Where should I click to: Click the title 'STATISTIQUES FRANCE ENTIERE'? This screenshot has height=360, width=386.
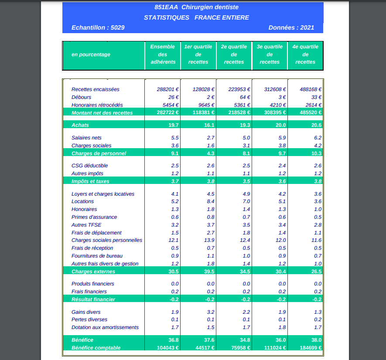[x=196, y=17]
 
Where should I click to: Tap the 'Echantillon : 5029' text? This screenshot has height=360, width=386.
[x=98, y=27]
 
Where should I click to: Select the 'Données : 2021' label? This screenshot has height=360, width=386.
[x=291, y=27]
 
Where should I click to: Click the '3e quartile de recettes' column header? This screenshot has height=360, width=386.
[x=270, y=54]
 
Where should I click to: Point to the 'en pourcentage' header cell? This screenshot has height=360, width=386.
[x=91, y=54]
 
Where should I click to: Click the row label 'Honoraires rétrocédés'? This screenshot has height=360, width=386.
[x=97, y=105]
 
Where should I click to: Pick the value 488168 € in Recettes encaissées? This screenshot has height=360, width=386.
[x=311, y=89]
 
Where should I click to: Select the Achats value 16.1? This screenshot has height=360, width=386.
[x=209, y=125]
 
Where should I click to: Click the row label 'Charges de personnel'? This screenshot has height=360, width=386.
[x=99, y=153]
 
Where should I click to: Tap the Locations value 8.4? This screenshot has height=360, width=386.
[x=211, y=201]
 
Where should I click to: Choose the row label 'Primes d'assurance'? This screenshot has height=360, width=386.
[x=94, y=217]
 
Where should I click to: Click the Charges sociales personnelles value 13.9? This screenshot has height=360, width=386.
[x=209, y=240]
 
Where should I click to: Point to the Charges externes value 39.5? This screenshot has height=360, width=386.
[x=209, y=272]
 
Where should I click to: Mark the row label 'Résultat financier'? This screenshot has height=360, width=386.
[x=93, y=299]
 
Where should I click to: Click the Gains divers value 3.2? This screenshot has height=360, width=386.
[x=211, y=312]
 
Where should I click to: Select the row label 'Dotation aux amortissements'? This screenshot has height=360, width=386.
[x=105, y=327]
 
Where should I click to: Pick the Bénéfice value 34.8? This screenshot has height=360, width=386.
[x=245, y=340]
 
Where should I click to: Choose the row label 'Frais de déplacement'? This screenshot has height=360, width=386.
[x=96, y=233]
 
